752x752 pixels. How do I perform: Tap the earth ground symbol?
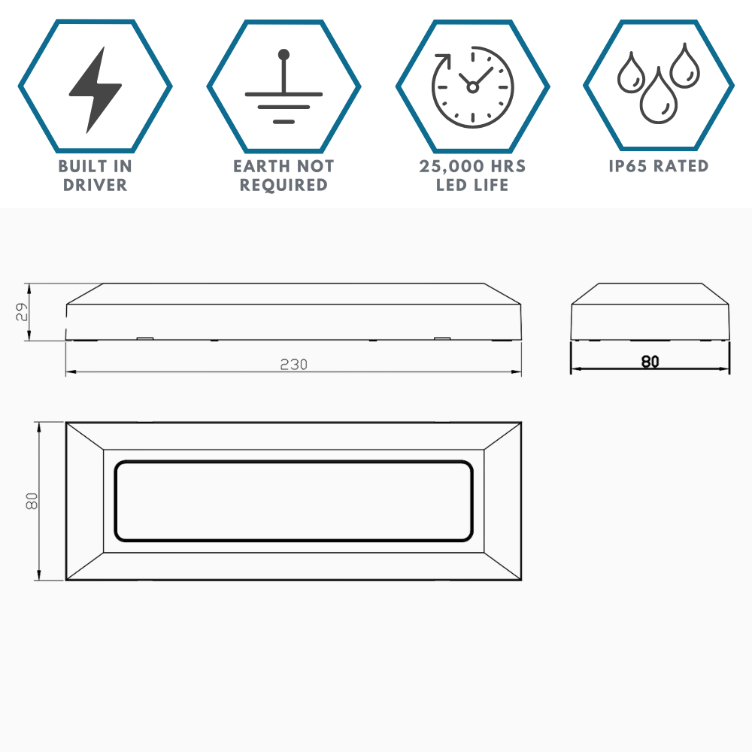[284, 89]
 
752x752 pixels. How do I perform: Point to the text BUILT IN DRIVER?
[95, 175]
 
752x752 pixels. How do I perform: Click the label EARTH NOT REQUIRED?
[284, 175]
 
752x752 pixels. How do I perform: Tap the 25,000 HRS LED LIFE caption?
[472, 175]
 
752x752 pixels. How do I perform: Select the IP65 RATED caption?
[659, 166]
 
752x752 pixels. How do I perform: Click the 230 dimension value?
[294, 365]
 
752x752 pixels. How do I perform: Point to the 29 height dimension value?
[23, 312]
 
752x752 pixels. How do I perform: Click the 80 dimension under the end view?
[650, 362]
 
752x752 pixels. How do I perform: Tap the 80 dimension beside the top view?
[32, 502]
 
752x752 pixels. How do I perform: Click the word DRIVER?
[95, 185]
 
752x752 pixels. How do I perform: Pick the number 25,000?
[450, 166]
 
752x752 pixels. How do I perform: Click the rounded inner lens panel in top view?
[294, 501]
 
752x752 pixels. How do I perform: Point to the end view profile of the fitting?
[650, 311]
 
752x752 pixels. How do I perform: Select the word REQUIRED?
[284, 185]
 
